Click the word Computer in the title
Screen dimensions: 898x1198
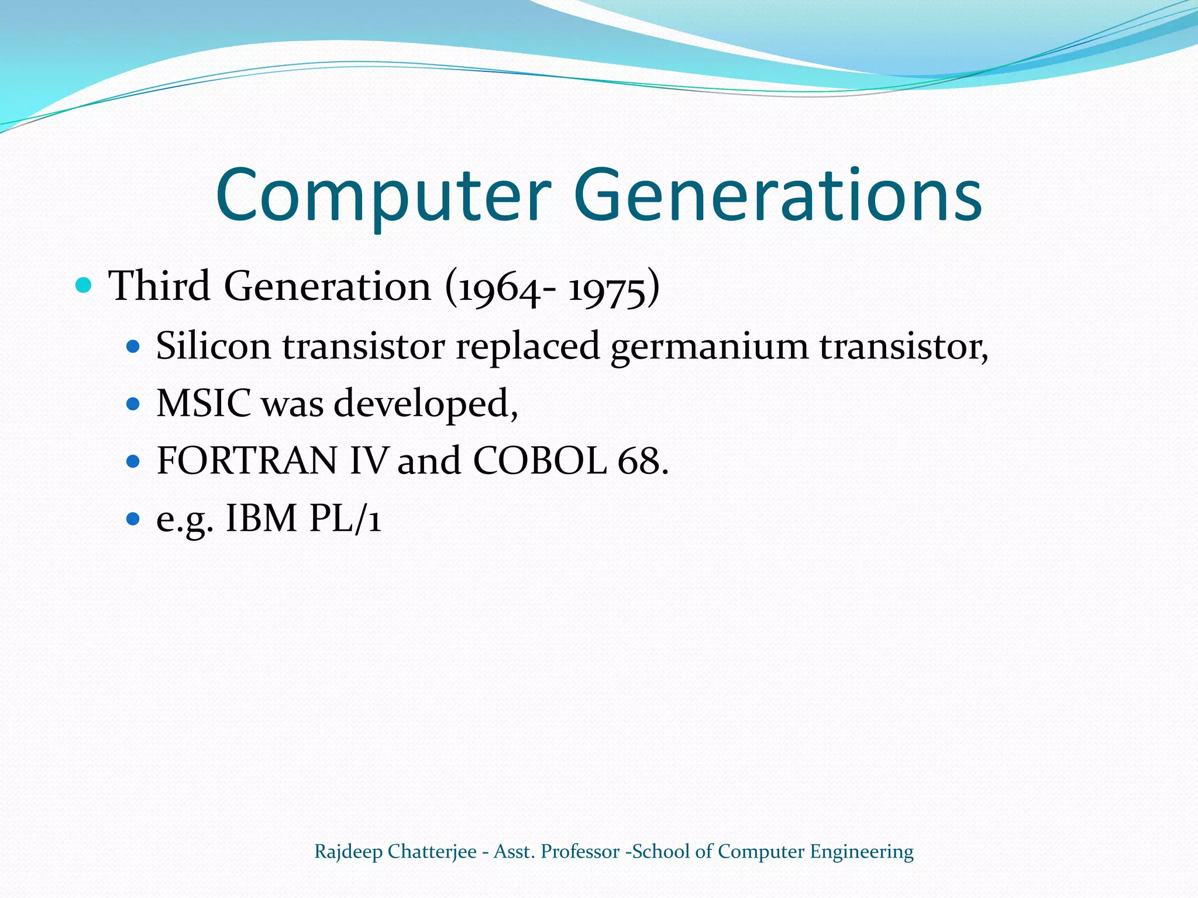(383, 196)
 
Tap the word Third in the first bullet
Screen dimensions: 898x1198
(160, 286)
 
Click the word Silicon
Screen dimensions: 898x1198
(213, 346)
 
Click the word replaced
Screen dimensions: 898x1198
(528, 346)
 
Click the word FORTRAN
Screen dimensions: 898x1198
(247, 461)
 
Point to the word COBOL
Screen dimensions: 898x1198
(539, 461)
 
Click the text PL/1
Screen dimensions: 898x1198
(345, 519)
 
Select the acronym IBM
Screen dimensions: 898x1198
(261, 519)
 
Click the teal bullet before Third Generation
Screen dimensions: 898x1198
(84, 286)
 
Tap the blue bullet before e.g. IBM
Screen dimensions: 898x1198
(133, 518)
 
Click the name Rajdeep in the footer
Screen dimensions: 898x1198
(348, 852)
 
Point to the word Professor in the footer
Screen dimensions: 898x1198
(580, 852)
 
